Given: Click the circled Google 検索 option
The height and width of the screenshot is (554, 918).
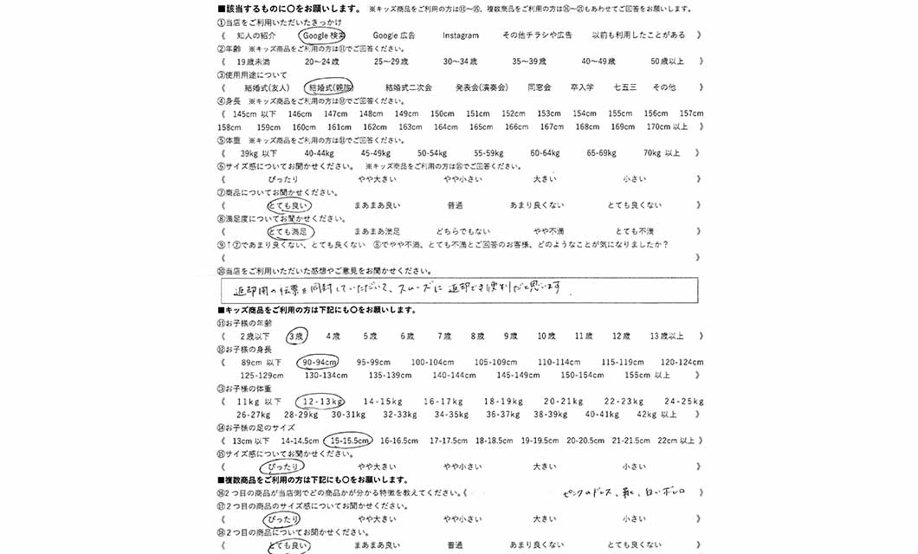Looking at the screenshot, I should click(323, 35).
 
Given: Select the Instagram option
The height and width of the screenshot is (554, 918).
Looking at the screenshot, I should click(461, 35).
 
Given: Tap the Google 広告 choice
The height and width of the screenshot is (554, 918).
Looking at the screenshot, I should click(394, 35).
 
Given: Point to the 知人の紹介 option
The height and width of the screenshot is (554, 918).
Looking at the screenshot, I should click(256, 35).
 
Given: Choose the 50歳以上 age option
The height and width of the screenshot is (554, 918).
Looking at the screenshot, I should click(667, 61).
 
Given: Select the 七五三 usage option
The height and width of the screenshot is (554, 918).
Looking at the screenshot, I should click(624, 87).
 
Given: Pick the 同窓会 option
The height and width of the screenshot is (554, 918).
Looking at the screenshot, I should click(540, 87).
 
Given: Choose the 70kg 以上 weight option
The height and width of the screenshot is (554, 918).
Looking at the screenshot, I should click(662, 152).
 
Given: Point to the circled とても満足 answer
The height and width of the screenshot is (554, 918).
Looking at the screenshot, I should click(290, 231).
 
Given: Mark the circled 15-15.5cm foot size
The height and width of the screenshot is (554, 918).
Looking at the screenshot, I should click(350, 441).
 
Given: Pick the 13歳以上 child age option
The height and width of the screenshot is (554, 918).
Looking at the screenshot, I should click(666, 336).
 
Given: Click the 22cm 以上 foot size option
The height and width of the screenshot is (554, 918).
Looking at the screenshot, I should click(676, 441).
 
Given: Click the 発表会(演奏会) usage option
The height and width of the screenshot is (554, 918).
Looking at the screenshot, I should click(481, 87).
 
